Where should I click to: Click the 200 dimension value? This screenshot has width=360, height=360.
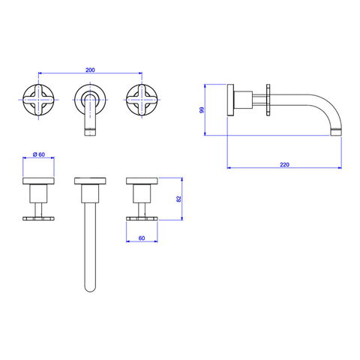pyautogui.click(x=90, y=70)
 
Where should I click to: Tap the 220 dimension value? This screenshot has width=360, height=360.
pyautogui.click(x=284, y=164)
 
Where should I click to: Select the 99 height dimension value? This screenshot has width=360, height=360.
pyautogui.click(x=202, y=110)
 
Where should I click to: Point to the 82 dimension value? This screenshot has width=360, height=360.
pyautogui.click(x=178, y=199)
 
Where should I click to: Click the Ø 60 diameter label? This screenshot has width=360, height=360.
pyautogui.click(x=39, y=154)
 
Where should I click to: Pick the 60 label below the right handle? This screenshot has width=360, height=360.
pyautogui.click(x=142, y=238)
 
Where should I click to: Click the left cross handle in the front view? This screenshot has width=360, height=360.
pyautogui.click(x=38, y=100)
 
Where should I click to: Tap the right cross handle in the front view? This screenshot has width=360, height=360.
pyautogui.click(x=142, y=100)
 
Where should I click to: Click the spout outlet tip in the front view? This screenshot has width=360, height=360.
pyautogui.click(x=90, y=132)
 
